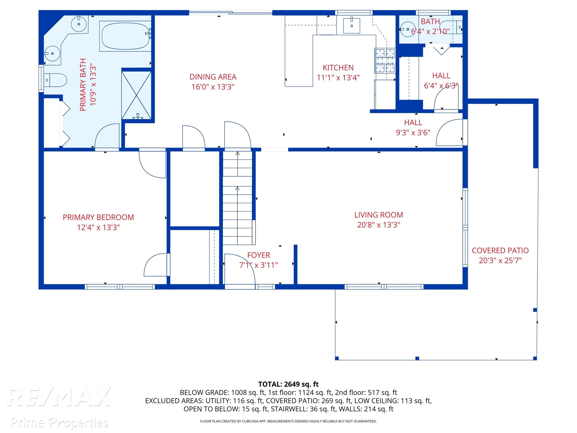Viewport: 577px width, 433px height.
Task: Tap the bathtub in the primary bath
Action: (125, 36)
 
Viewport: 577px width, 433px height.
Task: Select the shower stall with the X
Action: (136, 95)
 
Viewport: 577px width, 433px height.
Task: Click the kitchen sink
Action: (351, 26)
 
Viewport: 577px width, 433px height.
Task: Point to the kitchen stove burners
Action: (385, 60)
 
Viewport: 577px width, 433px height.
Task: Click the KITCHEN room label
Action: (338, 68)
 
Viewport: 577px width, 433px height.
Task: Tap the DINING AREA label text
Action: (213, 77)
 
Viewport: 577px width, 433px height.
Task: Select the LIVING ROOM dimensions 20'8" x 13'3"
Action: (379, 225)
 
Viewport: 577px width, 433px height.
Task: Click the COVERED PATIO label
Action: (500, 251)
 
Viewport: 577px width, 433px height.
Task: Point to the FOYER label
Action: (258, 255)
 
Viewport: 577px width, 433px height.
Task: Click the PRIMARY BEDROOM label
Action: (98, 217)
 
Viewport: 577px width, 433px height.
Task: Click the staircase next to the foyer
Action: (237, 198)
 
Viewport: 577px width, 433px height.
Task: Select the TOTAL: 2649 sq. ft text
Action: (288, 384)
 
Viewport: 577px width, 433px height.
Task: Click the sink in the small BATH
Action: (407, 29)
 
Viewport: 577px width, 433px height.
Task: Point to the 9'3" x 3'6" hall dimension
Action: (413, 133)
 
